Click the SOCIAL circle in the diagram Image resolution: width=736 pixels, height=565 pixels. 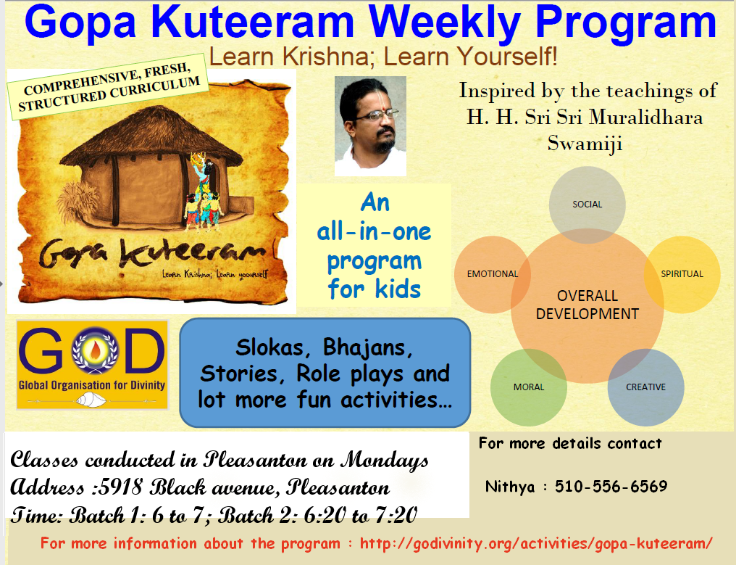587,205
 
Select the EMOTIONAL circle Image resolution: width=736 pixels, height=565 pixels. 493,274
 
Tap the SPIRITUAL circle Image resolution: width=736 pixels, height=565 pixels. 682,274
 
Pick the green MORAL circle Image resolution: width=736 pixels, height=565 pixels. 529,387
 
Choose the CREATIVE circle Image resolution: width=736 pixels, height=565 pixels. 646,387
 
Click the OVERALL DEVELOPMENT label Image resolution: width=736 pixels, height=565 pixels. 587,305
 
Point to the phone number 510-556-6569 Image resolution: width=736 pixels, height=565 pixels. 611,486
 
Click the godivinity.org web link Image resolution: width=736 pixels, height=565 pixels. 536,544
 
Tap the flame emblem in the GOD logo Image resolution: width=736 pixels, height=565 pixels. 95,350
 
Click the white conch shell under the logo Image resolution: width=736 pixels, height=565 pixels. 91,400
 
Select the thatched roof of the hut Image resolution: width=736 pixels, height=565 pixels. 151,136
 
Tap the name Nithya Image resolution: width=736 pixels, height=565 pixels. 510,486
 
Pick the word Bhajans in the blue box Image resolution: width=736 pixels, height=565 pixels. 367,348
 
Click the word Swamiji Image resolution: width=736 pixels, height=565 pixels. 585,144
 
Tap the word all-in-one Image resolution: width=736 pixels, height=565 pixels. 374,232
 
